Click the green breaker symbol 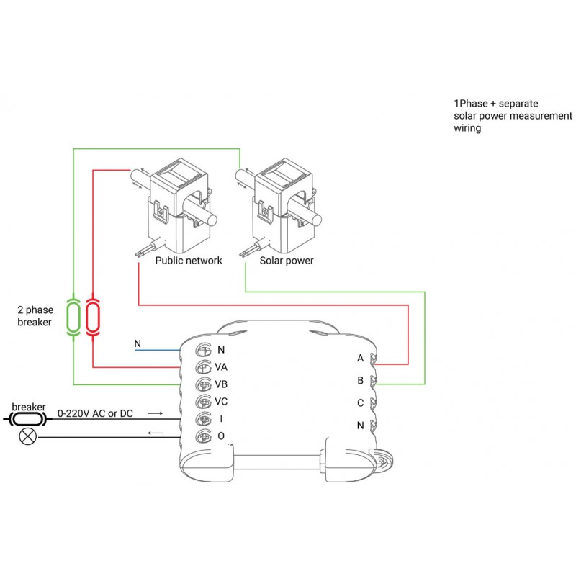(73, 316)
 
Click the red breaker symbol (93, 316)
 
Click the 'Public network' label (189, 261)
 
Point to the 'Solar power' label (287, 261)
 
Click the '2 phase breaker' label (34, 316)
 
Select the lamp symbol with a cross (29, 435)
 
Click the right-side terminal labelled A (373, 358)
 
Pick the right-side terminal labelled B (373, 380)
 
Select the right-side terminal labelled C (373, 403)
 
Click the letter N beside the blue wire (138, 344)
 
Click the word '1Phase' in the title (470, 104)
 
